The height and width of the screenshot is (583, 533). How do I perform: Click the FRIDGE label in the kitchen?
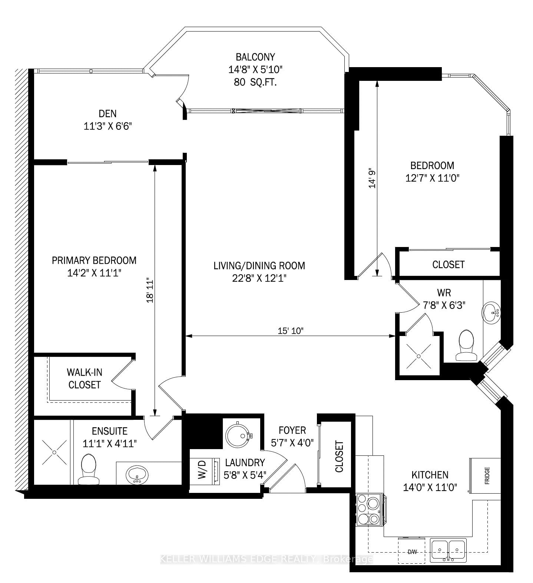pos(486,476)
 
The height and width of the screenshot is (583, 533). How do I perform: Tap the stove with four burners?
pos(369,510)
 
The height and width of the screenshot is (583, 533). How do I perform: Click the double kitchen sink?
pos(448,550)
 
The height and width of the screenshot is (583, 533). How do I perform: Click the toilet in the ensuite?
pos(88,470)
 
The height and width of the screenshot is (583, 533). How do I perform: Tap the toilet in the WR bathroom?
pos(466,345)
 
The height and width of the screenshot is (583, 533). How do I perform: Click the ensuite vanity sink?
pos(137,475)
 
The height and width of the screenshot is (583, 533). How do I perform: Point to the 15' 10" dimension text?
pos(291,331)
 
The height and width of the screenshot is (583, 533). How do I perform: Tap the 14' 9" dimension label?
pos(372,178)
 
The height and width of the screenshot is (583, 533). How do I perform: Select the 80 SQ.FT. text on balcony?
pos(256,82)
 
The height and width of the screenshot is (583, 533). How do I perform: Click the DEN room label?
pos(107,113)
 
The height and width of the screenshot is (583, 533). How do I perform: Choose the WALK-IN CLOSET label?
pos(85,378)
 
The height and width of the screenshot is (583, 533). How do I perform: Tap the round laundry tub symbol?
pos(238,435)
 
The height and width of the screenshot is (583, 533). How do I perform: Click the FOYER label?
pos(292,430)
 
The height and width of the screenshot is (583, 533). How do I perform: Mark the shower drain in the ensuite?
pos(54,452)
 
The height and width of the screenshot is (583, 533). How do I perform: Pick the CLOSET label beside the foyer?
pos(339,456)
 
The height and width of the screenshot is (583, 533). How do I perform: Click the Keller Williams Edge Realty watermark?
pos(266,559)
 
